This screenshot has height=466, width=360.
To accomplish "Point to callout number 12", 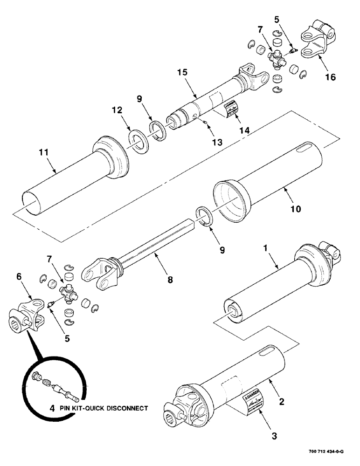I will (x=117, y=110).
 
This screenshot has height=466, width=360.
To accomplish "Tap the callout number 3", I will (x=274, y=436).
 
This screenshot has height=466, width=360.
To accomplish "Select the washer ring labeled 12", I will (x=139, y=141).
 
